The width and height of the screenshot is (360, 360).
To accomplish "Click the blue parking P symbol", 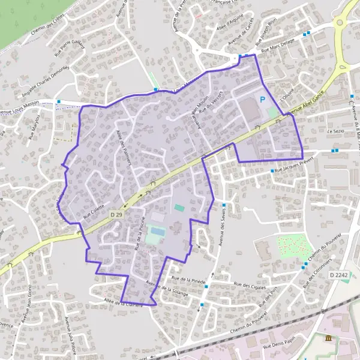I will click(262, 100).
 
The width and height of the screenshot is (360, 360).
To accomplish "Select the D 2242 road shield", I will click(339, 274).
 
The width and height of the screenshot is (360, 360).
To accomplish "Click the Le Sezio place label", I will click(334, 130).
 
